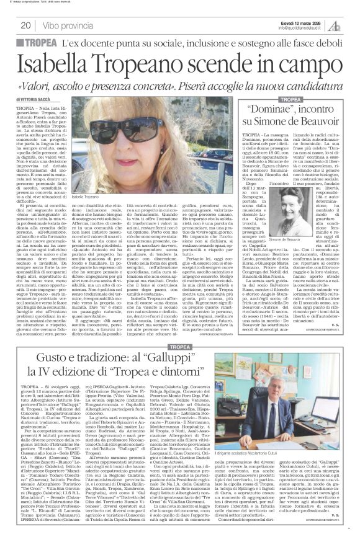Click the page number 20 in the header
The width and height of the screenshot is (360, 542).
(26, 25)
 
